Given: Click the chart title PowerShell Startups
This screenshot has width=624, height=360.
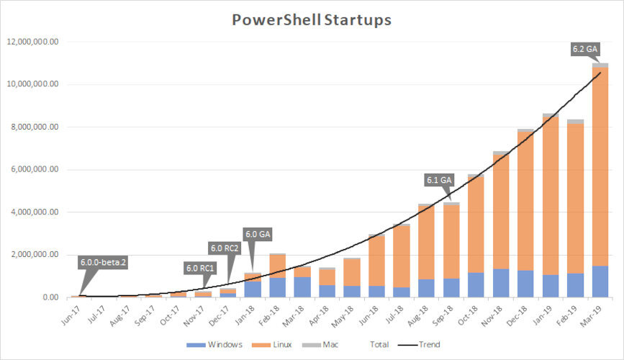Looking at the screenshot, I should [x=311, y=19].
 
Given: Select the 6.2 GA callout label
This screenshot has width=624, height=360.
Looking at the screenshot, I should [x=584, y=49].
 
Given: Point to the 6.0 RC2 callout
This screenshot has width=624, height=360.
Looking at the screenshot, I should [x=225, y=248].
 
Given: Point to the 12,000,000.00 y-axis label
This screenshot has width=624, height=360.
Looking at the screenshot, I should [x=34, y=42].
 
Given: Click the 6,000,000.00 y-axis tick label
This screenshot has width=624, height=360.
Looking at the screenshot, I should [x=36, y=170].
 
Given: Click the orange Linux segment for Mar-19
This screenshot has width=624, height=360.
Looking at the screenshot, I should [x=600, y=166].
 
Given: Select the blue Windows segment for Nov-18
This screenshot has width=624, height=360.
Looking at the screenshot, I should [x=501, y=283].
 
